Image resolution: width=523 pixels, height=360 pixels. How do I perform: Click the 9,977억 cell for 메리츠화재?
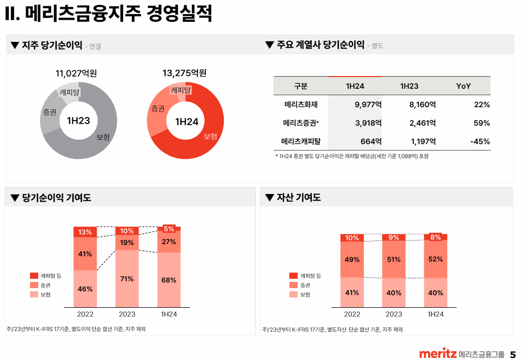368,104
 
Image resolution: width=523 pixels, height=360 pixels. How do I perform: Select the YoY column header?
463,86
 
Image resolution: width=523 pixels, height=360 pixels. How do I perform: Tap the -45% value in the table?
480,141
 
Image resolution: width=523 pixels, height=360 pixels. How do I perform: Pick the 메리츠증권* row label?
300,123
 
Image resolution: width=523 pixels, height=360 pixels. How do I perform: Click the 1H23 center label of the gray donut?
79,121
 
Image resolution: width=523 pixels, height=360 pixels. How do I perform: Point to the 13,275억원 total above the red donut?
184,73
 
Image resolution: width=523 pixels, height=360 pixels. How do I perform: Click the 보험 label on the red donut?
210,136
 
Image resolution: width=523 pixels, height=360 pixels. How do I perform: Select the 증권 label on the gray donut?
50,112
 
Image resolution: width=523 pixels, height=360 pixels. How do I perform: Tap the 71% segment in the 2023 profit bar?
127,279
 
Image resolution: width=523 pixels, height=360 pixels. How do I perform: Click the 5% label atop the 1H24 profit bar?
169,229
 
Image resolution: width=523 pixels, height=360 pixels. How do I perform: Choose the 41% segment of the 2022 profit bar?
85,254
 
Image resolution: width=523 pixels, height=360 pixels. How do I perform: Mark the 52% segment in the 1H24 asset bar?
436,259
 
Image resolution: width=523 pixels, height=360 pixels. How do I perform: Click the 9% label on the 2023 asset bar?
394,237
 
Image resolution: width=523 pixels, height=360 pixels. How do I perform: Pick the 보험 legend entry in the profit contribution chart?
45,294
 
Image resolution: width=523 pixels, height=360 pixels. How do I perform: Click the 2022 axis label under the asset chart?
352,314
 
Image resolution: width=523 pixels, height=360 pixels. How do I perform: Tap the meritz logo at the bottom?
437,354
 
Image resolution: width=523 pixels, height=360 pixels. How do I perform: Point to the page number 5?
513,354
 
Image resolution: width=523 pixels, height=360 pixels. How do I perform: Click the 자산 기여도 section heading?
298,198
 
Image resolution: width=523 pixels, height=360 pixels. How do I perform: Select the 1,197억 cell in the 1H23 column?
422,141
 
